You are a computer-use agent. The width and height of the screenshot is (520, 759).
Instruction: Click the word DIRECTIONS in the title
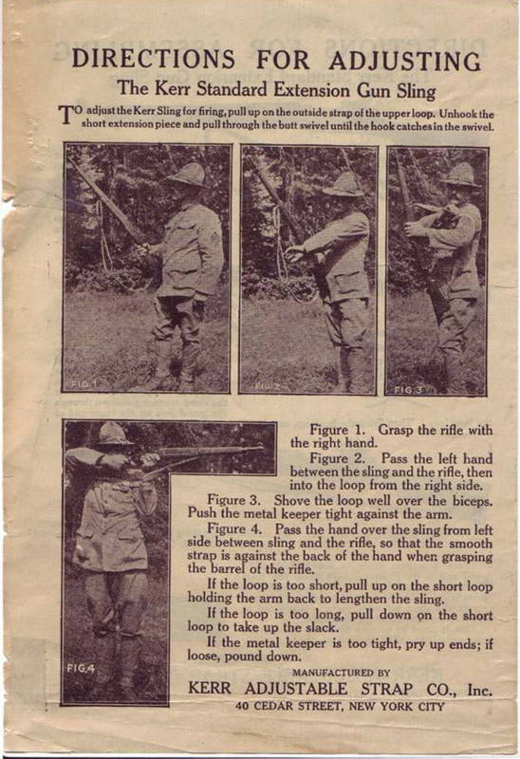click(x=153, y=59)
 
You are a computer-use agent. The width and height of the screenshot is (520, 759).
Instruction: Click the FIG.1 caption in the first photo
click(x=84, y=383)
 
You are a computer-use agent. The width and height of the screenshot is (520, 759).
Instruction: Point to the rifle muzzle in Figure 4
click(x=257, y=449)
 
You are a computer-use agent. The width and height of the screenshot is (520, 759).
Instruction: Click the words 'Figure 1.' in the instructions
click(x=337, y=429)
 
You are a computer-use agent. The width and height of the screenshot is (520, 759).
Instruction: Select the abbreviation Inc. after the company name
click(x=477, y=690)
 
